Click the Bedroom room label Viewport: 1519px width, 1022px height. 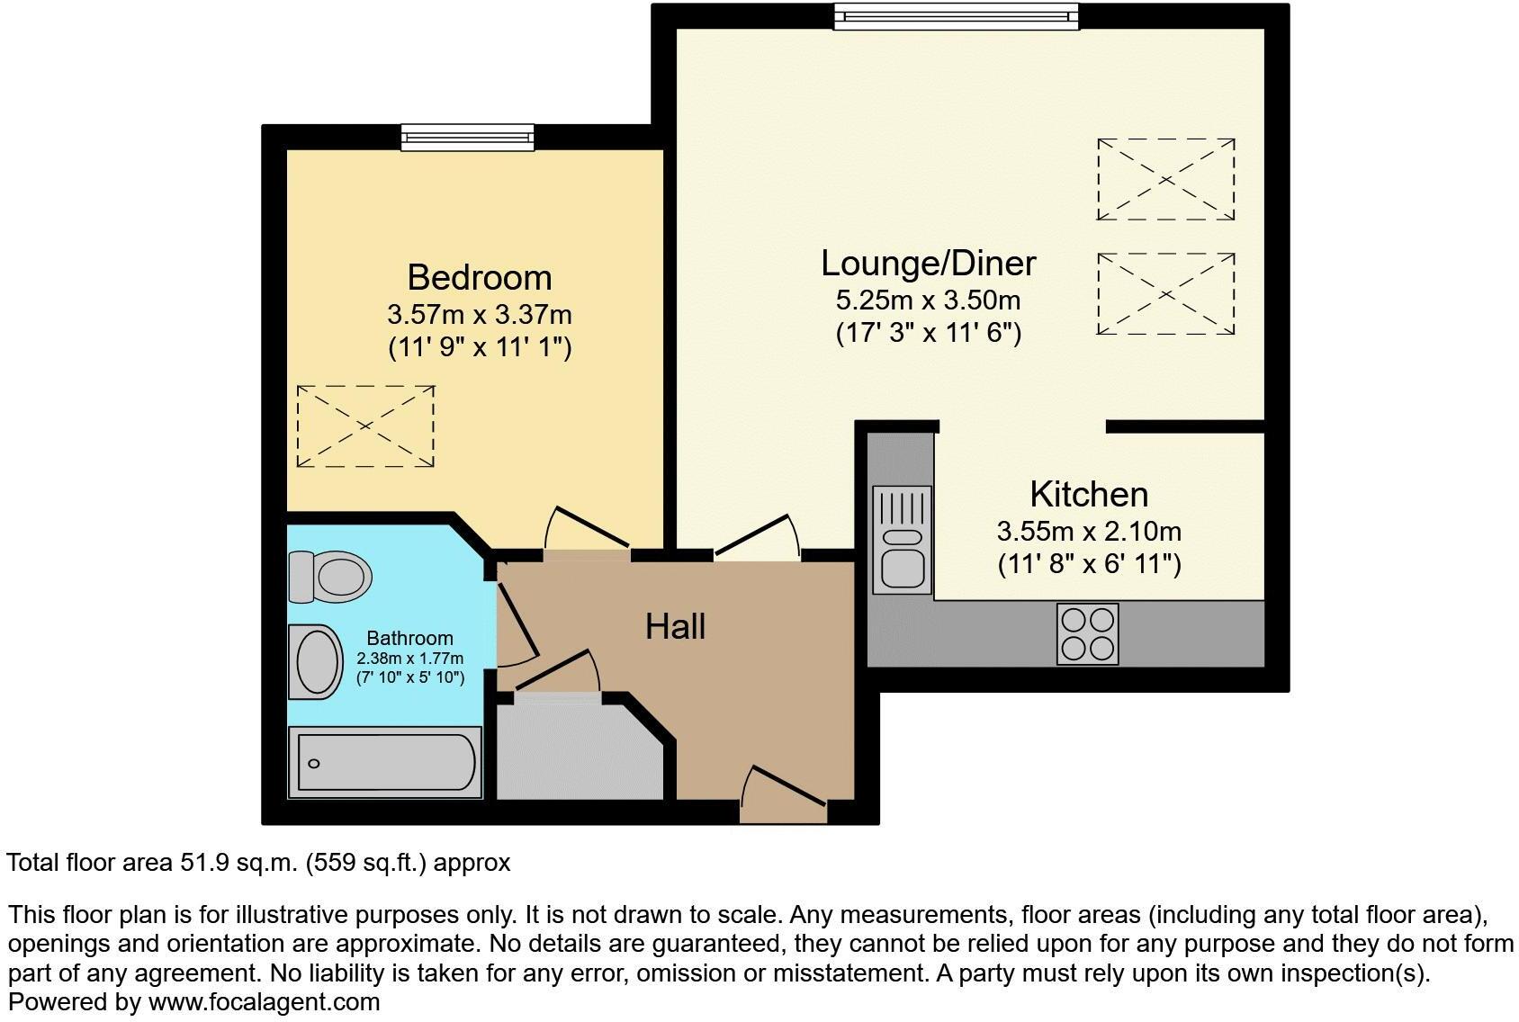[x=479, y=277]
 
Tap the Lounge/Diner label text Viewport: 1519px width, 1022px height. [x=928, y=263]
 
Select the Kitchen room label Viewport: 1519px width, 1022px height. [x=1088, y=494]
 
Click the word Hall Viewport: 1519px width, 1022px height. [x=675, y=626]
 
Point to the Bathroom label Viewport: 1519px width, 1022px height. [x=409, y=639]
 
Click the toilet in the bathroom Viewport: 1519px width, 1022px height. [x=330, y=576]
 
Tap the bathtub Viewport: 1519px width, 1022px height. [x=385, y=763]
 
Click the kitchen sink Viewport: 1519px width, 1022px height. [x=902, y=540]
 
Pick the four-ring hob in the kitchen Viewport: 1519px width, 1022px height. [x=1088, y=634]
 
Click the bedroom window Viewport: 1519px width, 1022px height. [x=467, y=137]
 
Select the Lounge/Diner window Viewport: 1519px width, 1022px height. [x=955, y=16]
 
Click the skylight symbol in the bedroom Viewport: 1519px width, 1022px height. [x=365, y=426]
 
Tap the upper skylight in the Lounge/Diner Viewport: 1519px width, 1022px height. [x=1165, y=179]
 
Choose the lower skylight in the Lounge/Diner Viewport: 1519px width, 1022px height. [x=1165, y=294]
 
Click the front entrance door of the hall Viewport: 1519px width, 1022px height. [x=782, y=795]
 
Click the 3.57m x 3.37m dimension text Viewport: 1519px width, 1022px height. [x=479, y=315]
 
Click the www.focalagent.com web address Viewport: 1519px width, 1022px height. [x=264, y=1001]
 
